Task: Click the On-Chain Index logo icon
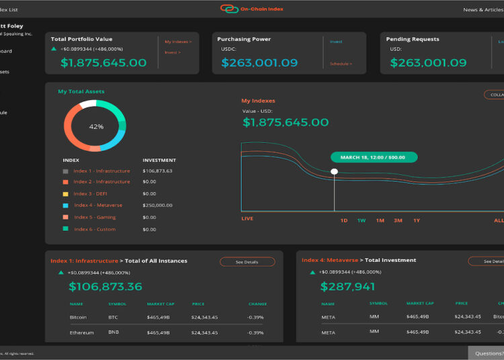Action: click(229, 9)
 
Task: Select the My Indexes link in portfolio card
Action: click(178, 42)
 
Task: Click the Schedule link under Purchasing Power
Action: click(341, 64)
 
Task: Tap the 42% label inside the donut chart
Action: click(96, 126)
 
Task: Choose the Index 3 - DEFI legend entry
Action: click(90, 193)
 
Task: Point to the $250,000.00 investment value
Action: click(157, 205)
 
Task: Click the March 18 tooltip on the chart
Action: click(374, 157)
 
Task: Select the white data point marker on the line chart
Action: click(334, 172)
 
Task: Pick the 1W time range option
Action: click(362, 220)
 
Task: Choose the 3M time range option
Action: click(398, 220)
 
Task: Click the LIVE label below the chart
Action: click(247, 219)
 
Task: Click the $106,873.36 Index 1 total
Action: click(106, 287)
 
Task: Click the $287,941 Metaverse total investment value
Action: click(347, 287)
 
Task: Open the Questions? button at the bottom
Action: click(487, 353)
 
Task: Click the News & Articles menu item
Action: click(482, 10)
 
